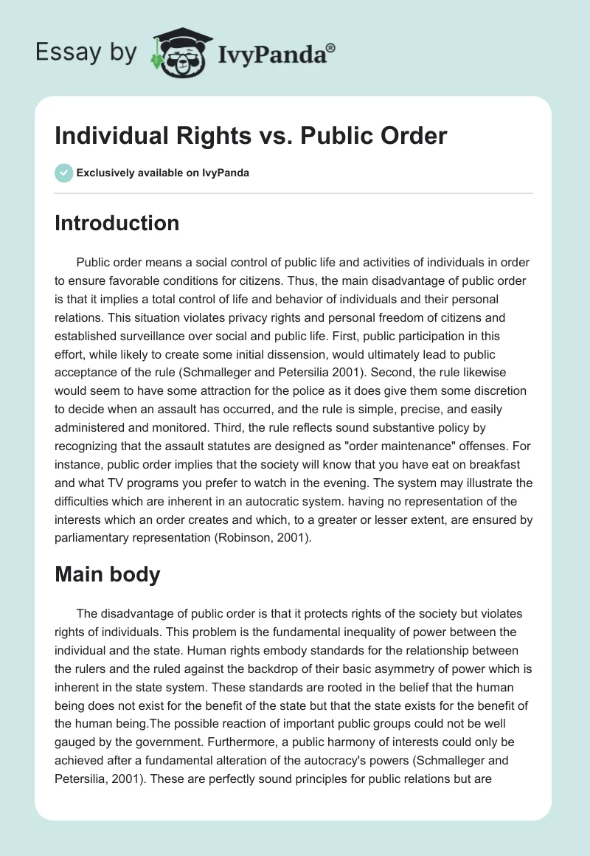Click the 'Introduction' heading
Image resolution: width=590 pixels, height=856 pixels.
pos(117,223)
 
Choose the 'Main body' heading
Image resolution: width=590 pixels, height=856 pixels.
pos(107,575)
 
